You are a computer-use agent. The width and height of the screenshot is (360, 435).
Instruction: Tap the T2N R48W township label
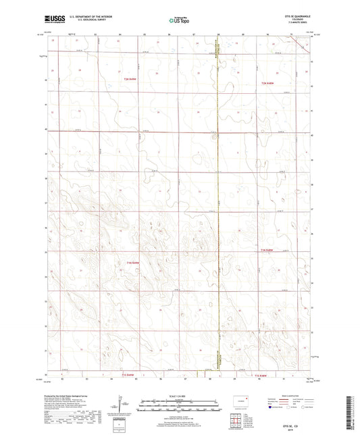(268, 83)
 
